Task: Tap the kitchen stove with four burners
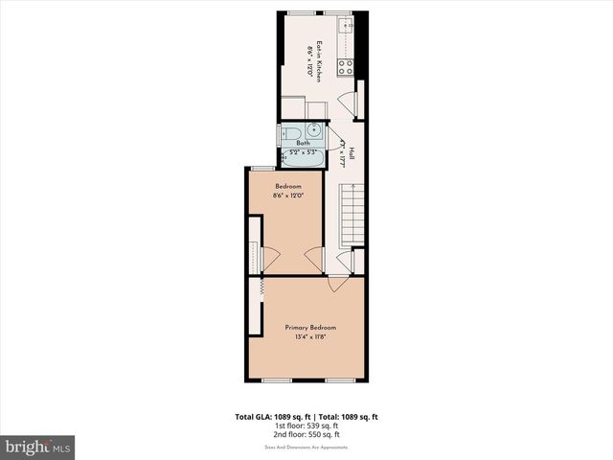tap(345, 67)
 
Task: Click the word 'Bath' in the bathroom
tap(303, 143)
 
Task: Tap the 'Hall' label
tap(352, 153)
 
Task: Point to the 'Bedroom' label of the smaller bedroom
tap(288, 186)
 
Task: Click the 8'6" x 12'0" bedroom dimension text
tap(288, 196)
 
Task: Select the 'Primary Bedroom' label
tap(310, 328)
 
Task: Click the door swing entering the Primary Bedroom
tap(338, 283)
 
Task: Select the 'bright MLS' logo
tap(37, 448)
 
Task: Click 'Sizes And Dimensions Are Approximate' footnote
tap(306, 447)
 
